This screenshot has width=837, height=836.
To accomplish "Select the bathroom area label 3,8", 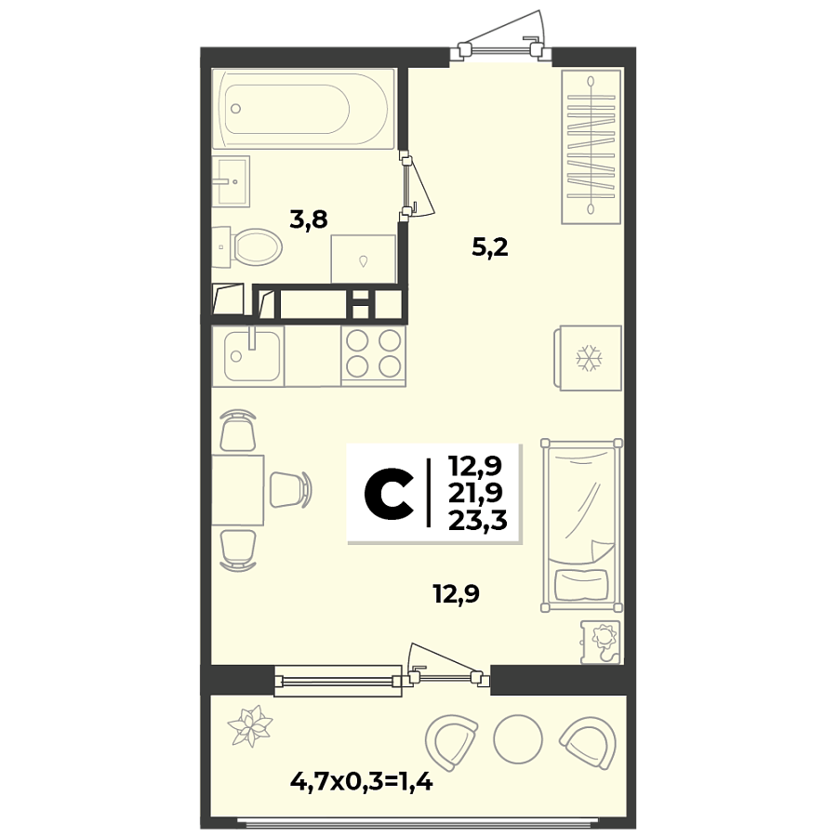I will point(309,220).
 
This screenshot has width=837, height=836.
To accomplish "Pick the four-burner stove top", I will point(372,354).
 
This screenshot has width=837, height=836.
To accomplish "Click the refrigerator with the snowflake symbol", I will point(588,358).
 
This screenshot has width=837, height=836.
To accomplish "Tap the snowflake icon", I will point(588,358).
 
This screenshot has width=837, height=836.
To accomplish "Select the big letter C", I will point(389,493).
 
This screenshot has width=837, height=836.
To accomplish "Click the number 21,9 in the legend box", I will point(476,492).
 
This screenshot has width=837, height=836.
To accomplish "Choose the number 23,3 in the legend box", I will point(476,520).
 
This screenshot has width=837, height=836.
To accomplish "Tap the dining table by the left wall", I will point(237,490).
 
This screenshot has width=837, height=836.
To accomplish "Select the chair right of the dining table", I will point(289,489).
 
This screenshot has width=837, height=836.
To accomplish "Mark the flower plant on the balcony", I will point(250,725).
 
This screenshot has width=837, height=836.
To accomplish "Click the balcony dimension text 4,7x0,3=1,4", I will point(363,782).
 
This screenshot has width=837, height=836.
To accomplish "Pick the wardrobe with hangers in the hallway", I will point(591,146).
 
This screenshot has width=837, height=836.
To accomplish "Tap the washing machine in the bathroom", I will point(363,258).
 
